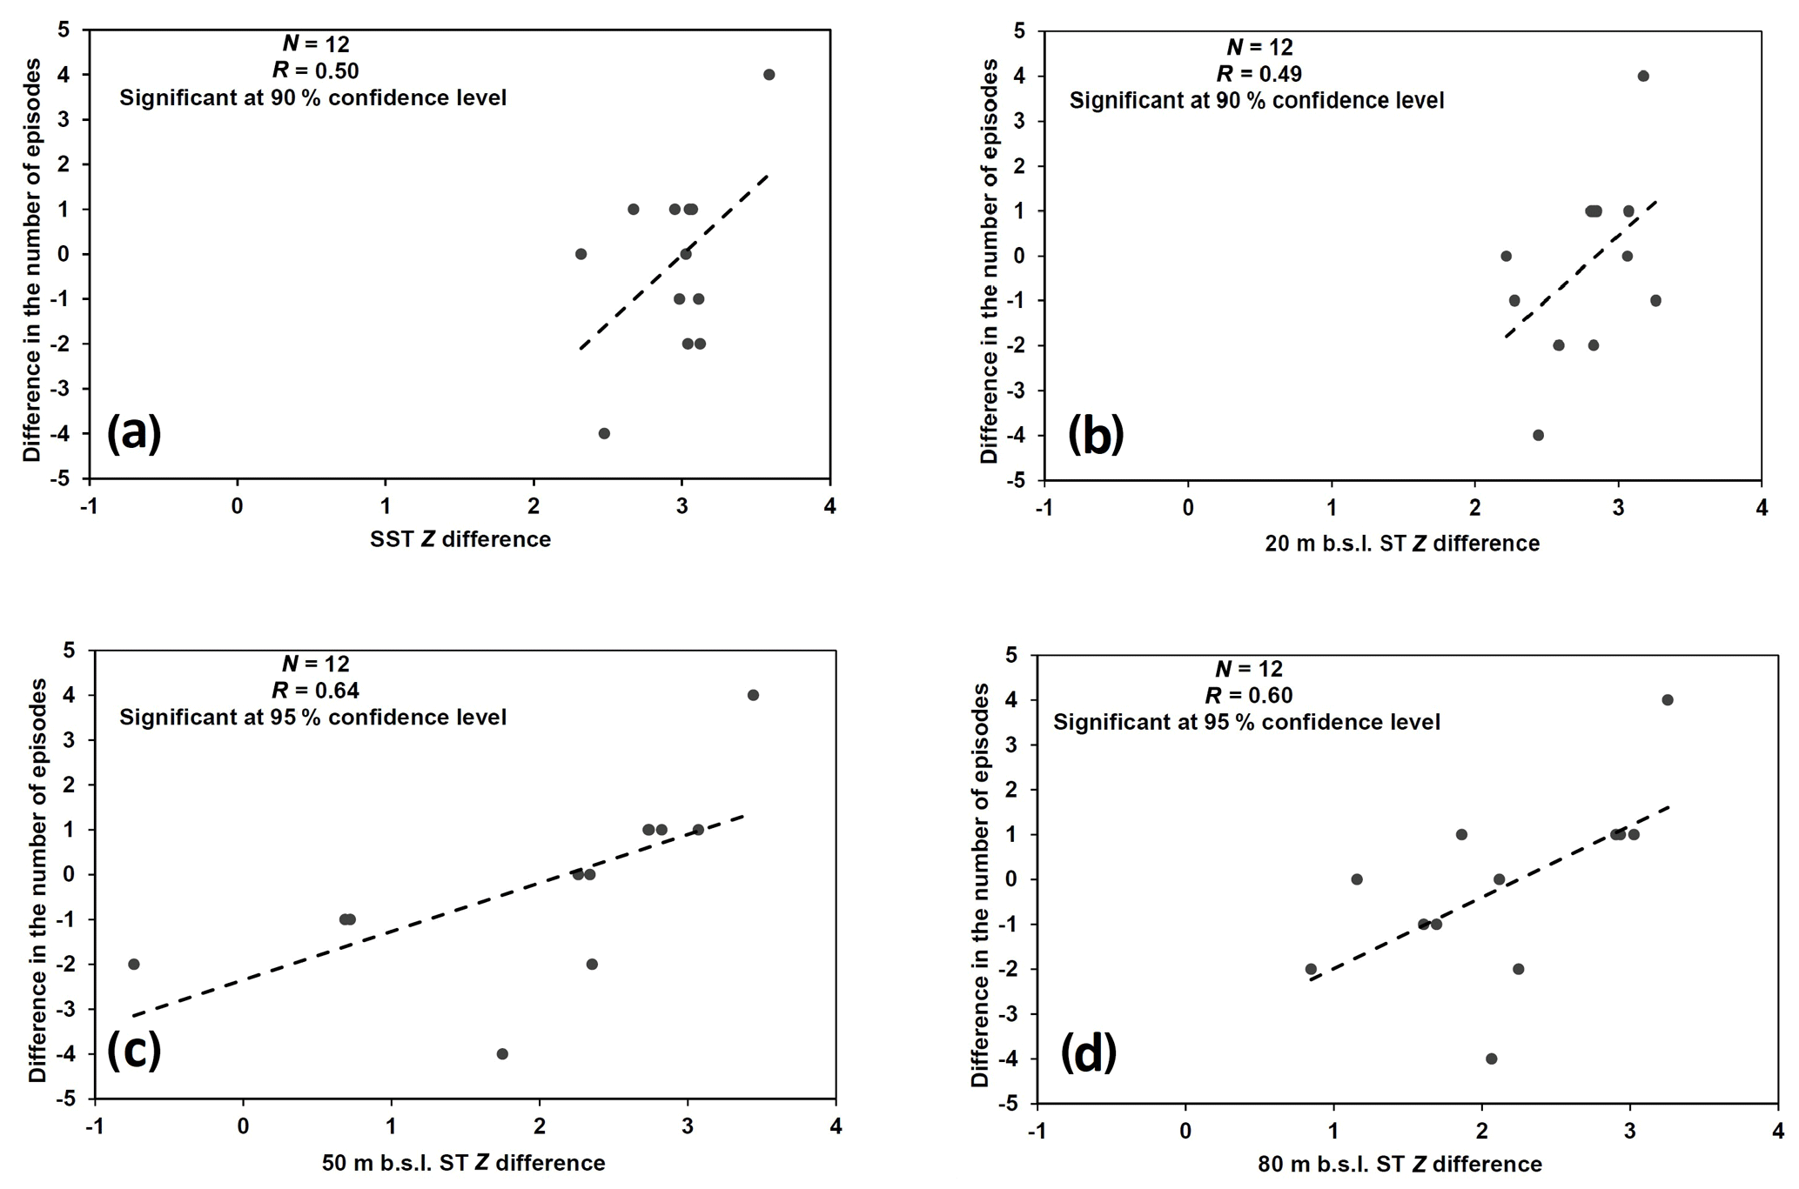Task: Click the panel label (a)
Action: coord(134,432)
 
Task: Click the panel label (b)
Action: coord(1096,435)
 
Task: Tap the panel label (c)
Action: coord(134,1052)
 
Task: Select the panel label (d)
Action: coord(1088,1055)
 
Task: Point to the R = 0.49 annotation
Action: coord(1259,73)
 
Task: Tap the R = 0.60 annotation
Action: coord(1248,695)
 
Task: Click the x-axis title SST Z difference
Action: coord(460,539)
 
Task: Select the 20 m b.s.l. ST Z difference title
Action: coord(1402,544)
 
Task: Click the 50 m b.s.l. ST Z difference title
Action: coord(463,1162)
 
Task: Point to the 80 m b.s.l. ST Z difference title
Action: coord(1400,1164)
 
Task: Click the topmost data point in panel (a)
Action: coord(769,75)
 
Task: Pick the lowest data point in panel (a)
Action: coord(604,433)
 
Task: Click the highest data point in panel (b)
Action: coord(1643,77)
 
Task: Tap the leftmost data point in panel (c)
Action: coord(133,964)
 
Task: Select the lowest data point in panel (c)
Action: coord(502,1053)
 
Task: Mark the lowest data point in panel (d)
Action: coord(1491,1059)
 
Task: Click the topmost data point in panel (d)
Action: coord(1668,699)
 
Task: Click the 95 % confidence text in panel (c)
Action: coord(312,718)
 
